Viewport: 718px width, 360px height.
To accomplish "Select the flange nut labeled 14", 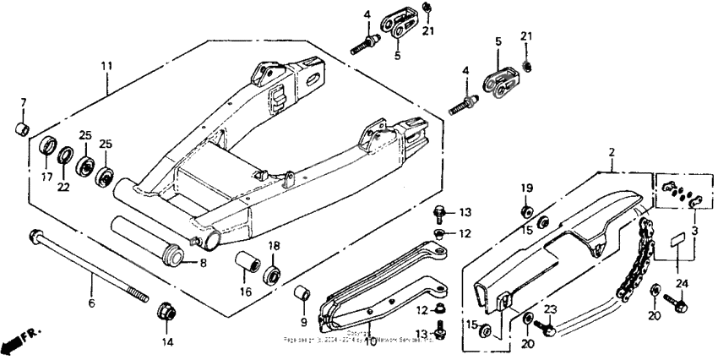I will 167,314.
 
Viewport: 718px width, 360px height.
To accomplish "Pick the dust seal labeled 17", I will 48,145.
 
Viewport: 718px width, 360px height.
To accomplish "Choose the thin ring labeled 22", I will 65,155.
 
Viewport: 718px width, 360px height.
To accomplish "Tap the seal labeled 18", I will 275,276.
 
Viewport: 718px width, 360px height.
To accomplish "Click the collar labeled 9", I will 299,295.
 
